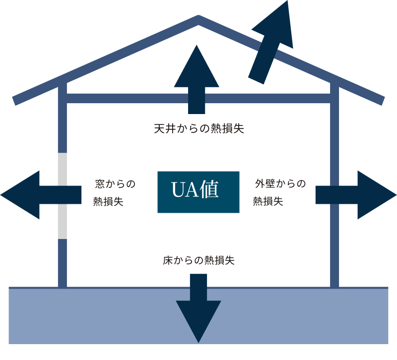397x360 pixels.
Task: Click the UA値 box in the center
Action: click(198, 192)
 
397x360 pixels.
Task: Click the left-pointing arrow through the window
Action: click(40, 195)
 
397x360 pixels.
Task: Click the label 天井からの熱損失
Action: click(198, 129)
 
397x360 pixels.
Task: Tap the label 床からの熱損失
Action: click(198, 260)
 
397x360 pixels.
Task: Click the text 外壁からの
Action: click(280, 184)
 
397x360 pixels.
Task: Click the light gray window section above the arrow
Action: click(62, 169)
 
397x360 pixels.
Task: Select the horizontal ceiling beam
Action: click(129, 98)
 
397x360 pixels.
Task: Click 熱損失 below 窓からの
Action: click(108, 202)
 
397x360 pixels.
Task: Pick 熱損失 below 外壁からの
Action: click(268, 201)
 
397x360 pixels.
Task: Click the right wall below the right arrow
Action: click(334, 248)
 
